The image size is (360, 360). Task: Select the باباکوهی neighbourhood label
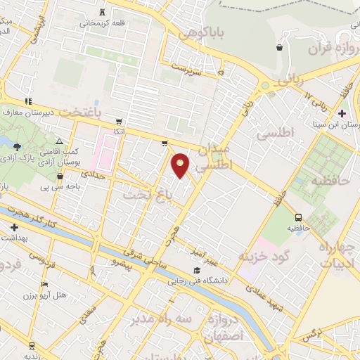tap(199, 32)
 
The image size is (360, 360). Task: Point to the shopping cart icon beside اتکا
tap(119, 120)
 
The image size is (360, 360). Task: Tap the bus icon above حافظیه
tap(299, 217)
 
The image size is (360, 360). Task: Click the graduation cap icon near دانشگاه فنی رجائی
tap(197, 271)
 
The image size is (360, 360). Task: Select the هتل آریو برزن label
tap(64, 294)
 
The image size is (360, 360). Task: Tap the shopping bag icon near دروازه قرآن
tap(281, 47)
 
